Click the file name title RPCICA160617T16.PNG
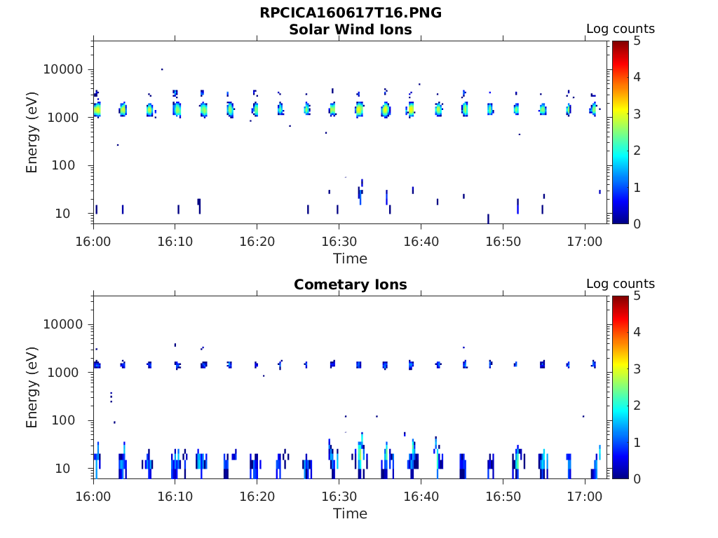(x=350, y=13)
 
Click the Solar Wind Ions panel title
(x=350, y=29)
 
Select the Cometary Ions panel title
(x=350, y=284)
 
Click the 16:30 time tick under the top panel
(x=339, y=242)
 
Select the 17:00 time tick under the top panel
(x=585, y=242)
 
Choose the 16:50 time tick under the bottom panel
(x=503, y=497)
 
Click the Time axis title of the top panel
(x=350, y=258)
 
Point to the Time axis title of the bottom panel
(x=350, y=513)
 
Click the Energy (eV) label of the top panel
(x=32, y=132)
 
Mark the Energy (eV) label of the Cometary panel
(x=32, y=387)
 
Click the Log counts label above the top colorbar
(x=620, y=29)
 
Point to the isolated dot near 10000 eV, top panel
(x=162, y=69)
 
